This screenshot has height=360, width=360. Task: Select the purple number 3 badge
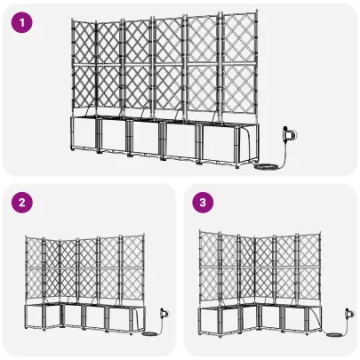(204, 204)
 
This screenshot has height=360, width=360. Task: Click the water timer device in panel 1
(288, 135)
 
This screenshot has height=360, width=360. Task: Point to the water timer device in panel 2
(163, 315)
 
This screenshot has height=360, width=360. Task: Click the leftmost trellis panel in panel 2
(34, 271)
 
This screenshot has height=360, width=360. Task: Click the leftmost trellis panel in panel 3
(207, 267)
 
